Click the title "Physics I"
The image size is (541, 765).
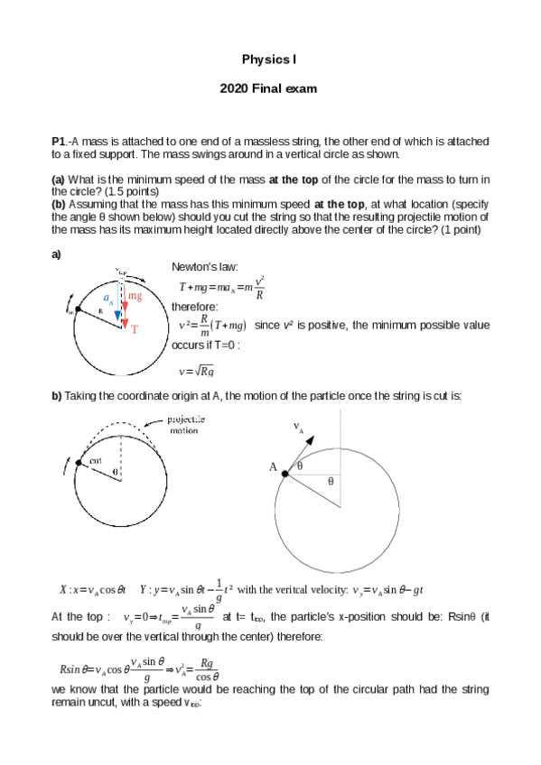tap(269, 60)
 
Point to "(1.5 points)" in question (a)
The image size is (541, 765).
tap(133, 191)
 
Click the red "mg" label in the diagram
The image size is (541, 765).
tap(135, 296)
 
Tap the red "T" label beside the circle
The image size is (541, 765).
tap(135, 330)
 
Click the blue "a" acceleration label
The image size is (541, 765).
tap(107, 297)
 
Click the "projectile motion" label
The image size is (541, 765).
tap(187, 425)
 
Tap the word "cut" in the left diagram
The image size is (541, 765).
tap(95, 460)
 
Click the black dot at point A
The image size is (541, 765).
tap(284, 473)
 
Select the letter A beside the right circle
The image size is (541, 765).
tap(273, 467)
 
